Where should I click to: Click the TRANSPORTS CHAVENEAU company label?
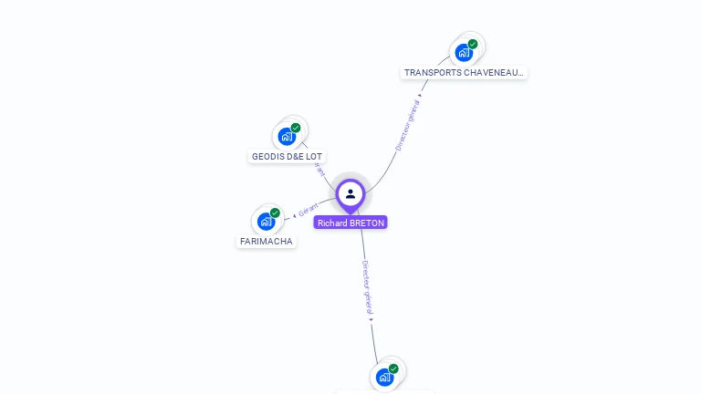click(464, 72)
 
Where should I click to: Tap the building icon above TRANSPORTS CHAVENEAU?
click(464, 53)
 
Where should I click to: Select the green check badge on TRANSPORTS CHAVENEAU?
click(473, 44)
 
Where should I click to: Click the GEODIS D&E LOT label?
click(288, 157)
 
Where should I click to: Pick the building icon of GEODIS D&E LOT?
click(287, 137)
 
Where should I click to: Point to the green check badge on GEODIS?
click(296, 128)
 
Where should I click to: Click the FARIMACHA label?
click(267, 242)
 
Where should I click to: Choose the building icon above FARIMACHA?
click(266, 222)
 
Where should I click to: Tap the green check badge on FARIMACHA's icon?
click(275, 213)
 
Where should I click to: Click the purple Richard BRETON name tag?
click(350, 223)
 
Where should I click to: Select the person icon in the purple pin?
click(350, 193)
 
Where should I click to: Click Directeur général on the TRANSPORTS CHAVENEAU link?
click(408, 125)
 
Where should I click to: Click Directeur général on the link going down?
click(367, 287)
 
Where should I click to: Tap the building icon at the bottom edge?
click(384, 377)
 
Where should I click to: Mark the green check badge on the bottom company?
click(393, 368)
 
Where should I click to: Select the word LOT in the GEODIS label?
click(314, 157)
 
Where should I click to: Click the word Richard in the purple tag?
click(332, 223)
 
